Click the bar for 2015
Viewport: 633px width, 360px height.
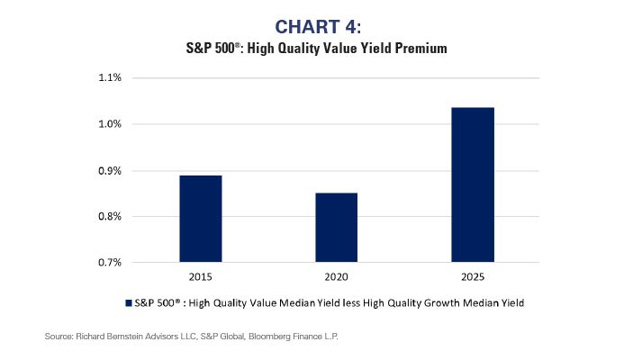(x=201, y=219)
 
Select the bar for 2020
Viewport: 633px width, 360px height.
(x=337, y=228)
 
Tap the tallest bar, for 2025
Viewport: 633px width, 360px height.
(x=473, y=184)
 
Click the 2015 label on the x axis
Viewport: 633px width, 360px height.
(x=201, y=279)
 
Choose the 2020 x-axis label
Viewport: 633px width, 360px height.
(x=337, y=279)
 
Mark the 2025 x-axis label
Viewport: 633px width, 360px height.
(x=473, y=279)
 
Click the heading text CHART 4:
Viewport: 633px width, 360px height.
(x=316, y=26)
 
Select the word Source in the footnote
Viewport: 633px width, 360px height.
(x=59, y=336)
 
